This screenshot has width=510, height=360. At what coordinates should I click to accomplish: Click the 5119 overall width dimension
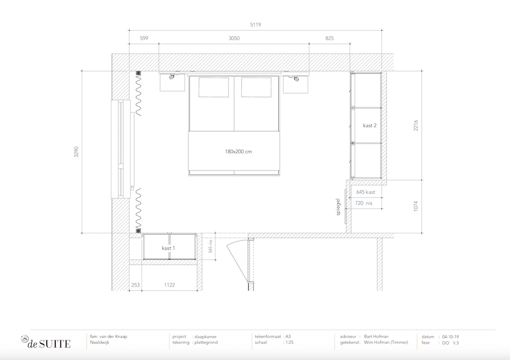click(255, 25)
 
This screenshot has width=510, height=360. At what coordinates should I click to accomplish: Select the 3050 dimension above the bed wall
click(234, 38)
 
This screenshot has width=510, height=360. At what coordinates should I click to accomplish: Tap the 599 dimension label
click(144, 38)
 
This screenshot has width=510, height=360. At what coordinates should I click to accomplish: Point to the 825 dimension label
click(329, 38)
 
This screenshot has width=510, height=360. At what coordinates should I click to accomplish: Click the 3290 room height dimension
click(76, 152)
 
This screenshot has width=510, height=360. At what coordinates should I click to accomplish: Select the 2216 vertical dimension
click(416, 125)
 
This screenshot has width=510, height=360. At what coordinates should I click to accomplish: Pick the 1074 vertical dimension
click(416, 206)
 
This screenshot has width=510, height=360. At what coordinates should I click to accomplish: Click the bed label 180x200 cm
click(238, 152)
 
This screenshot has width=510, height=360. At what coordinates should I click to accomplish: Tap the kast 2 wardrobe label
click(370, 125)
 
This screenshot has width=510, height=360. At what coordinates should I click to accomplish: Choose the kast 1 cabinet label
click(168, 248)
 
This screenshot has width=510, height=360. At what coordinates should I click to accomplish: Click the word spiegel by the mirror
click(338, 207)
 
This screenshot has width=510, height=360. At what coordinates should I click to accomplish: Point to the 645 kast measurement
click(365, 192)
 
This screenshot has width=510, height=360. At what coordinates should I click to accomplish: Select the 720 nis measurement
click(364, 203)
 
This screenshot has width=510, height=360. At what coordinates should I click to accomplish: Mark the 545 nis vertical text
click(210, 247)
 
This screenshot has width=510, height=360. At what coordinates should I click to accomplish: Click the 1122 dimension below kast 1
click(170, 285)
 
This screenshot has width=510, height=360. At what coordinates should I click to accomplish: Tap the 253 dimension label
click(136, 285)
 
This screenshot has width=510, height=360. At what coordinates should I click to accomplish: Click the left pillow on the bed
click(213, 88)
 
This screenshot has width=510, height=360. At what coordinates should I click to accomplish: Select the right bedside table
click(295, 84)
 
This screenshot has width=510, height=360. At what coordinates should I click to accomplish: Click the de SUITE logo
click(46, 342)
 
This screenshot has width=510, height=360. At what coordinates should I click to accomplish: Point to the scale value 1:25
click(289, 343)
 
